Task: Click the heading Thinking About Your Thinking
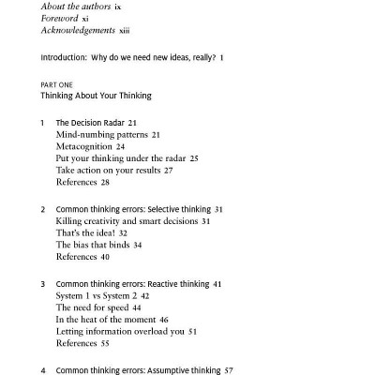click(x=96, y=96)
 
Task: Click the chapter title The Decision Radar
click(x=90, y=123)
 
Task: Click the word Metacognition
click(x=84, y=147)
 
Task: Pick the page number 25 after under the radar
click(x=194, y=159)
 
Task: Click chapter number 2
click(x=43, y=209)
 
